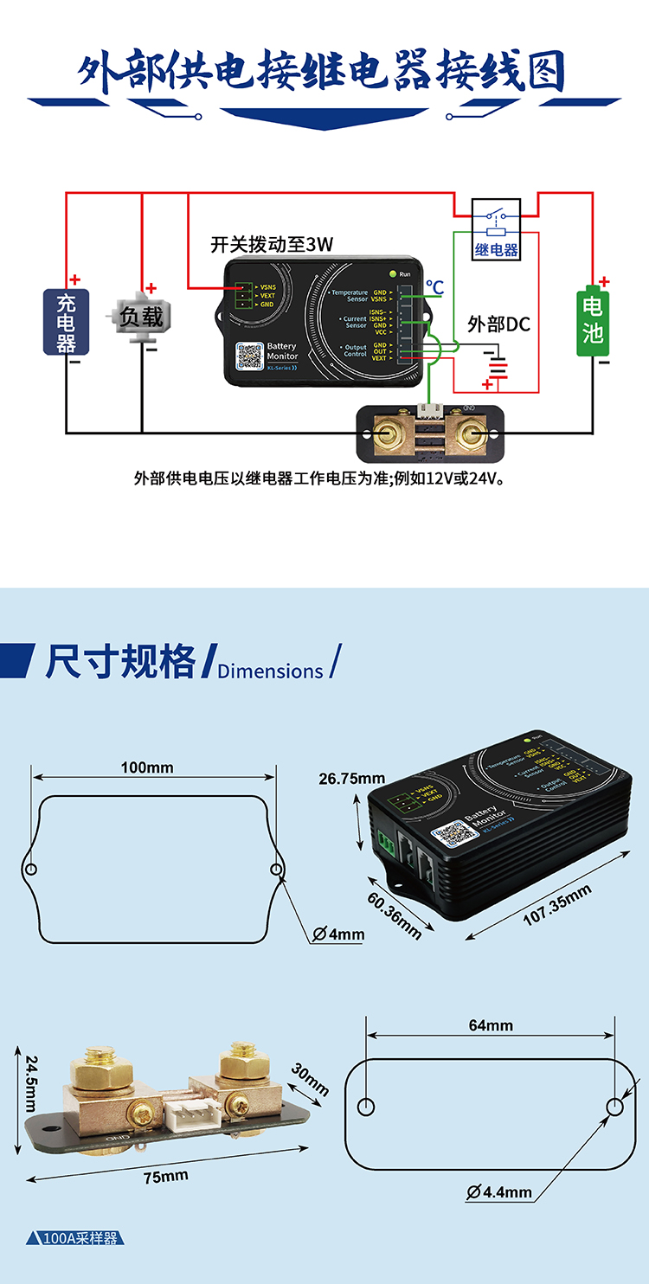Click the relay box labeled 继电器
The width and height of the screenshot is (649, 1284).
point(496,229)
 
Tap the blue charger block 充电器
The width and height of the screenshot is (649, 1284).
point(67,322)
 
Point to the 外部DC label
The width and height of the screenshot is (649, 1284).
point(498,324)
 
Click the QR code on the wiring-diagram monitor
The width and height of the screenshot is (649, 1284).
point(249,356)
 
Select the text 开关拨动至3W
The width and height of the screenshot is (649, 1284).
point(271,244)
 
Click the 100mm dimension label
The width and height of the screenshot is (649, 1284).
point(147,767)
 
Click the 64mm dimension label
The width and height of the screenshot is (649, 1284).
point(491,1025)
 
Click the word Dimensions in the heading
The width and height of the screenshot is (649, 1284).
point(270,671)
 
